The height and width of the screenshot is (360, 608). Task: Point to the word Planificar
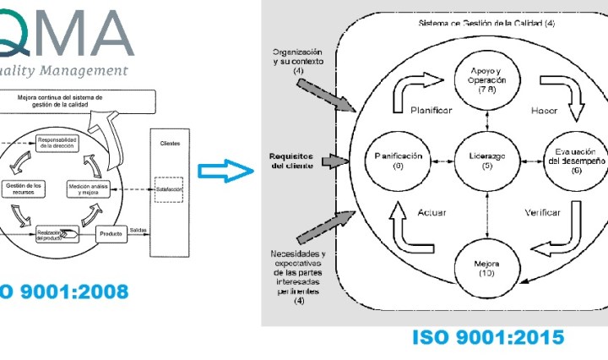click(x=433, y=111)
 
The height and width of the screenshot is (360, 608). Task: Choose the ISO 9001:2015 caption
click(x=488, y=337)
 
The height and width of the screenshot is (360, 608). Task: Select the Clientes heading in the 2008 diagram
click(x=170, y=144)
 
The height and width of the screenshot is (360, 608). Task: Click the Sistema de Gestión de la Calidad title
click(x=480, y=24)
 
